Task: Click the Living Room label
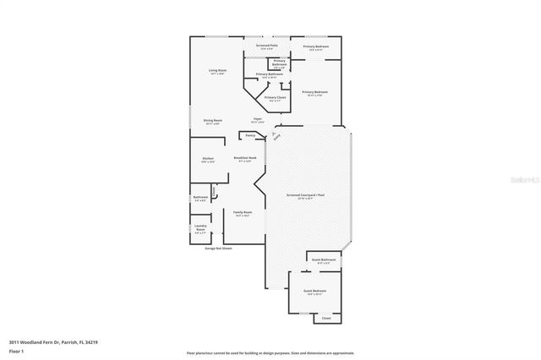tap(222, 70)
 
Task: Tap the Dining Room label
tap(212, 121)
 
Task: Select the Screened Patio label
tap(267, 46)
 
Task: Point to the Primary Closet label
tap(276, 98)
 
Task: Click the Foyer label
tap(256, 119)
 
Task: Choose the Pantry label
tap(250, 135)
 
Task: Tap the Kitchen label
tap(208, 159)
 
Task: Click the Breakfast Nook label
tap(245, 158)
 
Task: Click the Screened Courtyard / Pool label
tap(305, 195)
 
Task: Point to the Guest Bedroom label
tap(315, 292)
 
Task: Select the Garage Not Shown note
tap(219, 248)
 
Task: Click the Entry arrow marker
tap(275, 135)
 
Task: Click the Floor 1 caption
tap(16, 352)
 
